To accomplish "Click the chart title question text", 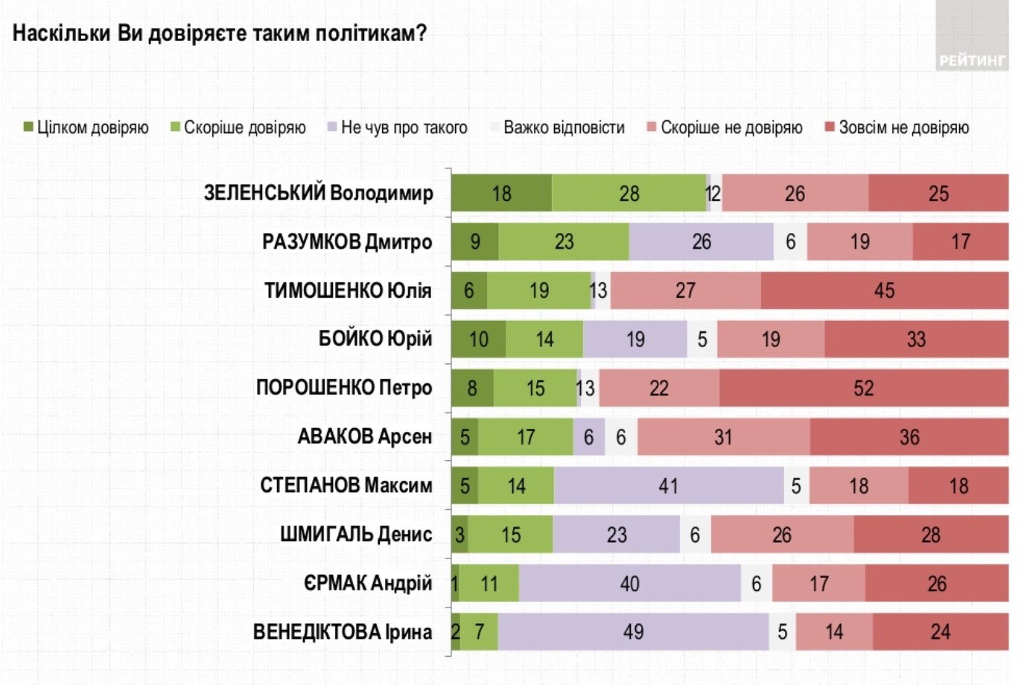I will click(220, 34).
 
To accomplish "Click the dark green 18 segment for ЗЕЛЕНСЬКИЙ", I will click(501, 194).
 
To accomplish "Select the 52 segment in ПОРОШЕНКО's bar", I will click(864, 388).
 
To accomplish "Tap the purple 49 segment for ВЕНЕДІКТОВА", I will click(633, 632).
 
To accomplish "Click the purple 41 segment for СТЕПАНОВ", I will click(669, 486).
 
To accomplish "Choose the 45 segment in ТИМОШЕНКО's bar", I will click(884, 290).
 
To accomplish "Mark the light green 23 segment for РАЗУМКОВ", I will click(564, 242).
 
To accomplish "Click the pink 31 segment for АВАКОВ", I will click(723, 437).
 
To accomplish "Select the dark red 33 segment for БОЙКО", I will click(916, 340).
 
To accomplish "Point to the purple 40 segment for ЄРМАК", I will click(630, 584).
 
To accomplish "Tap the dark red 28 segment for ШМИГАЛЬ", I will click(931, 535).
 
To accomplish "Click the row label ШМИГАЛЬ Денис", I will click(356, 535).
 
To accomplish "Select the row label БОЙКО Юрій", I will click(375, 340).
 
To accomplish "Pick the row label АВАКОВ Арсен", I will click(364, 437).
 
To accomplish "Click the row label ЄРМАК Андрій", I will click(367, 584).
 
